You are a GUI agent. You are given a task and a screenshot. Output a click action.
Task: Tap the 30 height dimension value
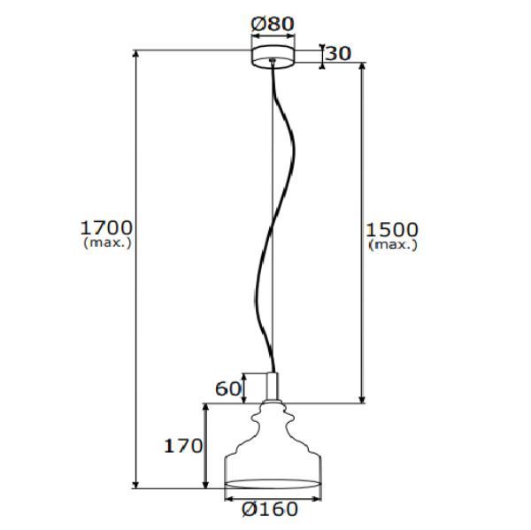[338, 53]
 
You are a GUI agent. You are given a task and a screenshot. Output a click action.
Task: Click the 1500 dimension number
[392, 231]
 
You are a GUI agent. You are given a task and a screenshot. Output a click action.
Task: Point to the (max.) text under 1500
[392, 245]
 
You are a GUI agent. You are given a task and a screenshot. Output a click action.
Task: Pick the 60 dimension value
[228, 388]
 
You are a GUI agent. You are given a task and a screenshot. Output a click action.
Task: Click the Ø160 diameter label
[269, 510]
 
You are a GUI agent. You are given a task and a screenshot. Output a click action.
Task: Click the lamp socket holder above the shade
[272, 387]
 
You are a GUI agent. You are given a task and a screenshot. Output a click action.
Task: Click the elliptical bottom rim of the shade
[272, 483]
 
